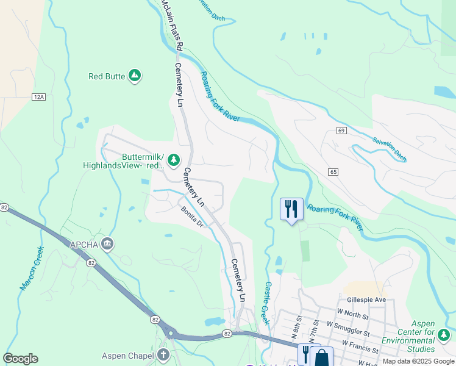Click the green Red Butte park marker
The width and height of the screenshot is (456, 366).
click(x=135, y=76)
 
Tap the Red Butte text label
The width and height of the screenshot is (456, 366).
click(x=107, y=76)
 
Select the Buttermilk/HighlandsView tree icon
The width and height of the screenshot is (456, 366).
click(x=174, y=160)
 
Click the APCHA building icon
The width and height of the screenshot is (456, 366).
click(x=108, y=245)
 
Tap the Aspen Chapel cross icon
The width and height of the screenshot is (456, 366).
click(x=162, y=354)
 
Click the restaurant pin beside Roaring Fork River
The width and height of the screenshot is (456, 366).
click(x=291, y=209)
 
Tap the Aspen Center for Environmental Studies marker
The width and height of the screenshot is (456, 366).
click(x=444, y=334)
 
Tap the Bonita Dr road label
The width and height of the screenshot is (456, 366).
click(x=191, y=217)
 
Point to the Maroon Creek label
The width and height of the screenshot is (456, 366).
click(x=32, y=267)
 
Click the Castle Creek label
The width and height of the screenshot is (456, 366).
click(x=266, y=303)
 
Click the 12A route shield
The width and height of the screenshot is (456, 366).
click(x=40, y=96)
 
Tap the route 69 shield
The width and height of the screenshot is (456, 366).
click(x=341, y=131)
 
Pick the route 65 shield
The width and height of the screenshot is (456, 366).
click(x=332, y=172)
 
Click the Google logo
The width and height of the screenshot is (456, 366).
click(x=20, y=359)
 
